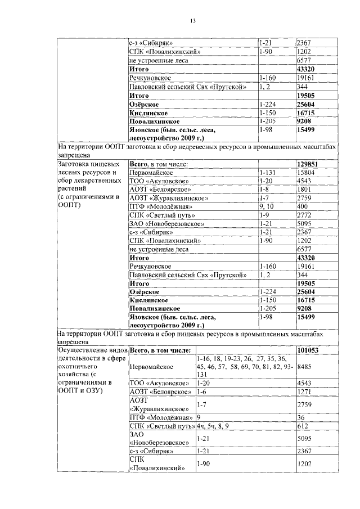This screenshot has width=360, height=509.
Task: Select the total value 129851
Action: coord(309,164)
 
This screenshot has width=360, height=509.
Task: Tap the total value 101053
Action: coord(308,350)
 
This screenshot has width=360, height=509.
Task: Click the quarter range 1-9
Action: coord(264,215)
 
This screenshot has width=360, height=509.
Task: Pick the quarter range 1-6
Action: coord(202,391)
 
